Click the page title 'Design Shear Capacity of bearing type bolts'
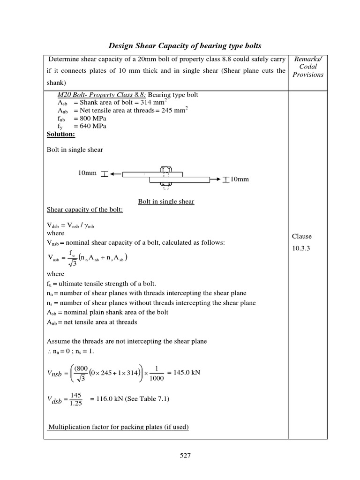[185, 45]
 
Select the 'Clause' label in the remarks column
[302, 236]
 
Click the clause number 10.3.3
[303, 248]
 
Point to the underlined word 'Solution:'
[61, 134]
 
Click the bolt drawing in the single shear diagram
[165, 178]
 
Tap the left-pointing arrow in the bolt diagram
[116, 174]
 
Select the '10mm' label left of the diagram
[87, 173]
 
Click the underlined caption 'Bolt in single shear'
[166, 202]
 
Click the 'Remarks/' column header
[308, 59]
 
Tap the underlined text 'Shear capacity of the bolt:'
[84, 209]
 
